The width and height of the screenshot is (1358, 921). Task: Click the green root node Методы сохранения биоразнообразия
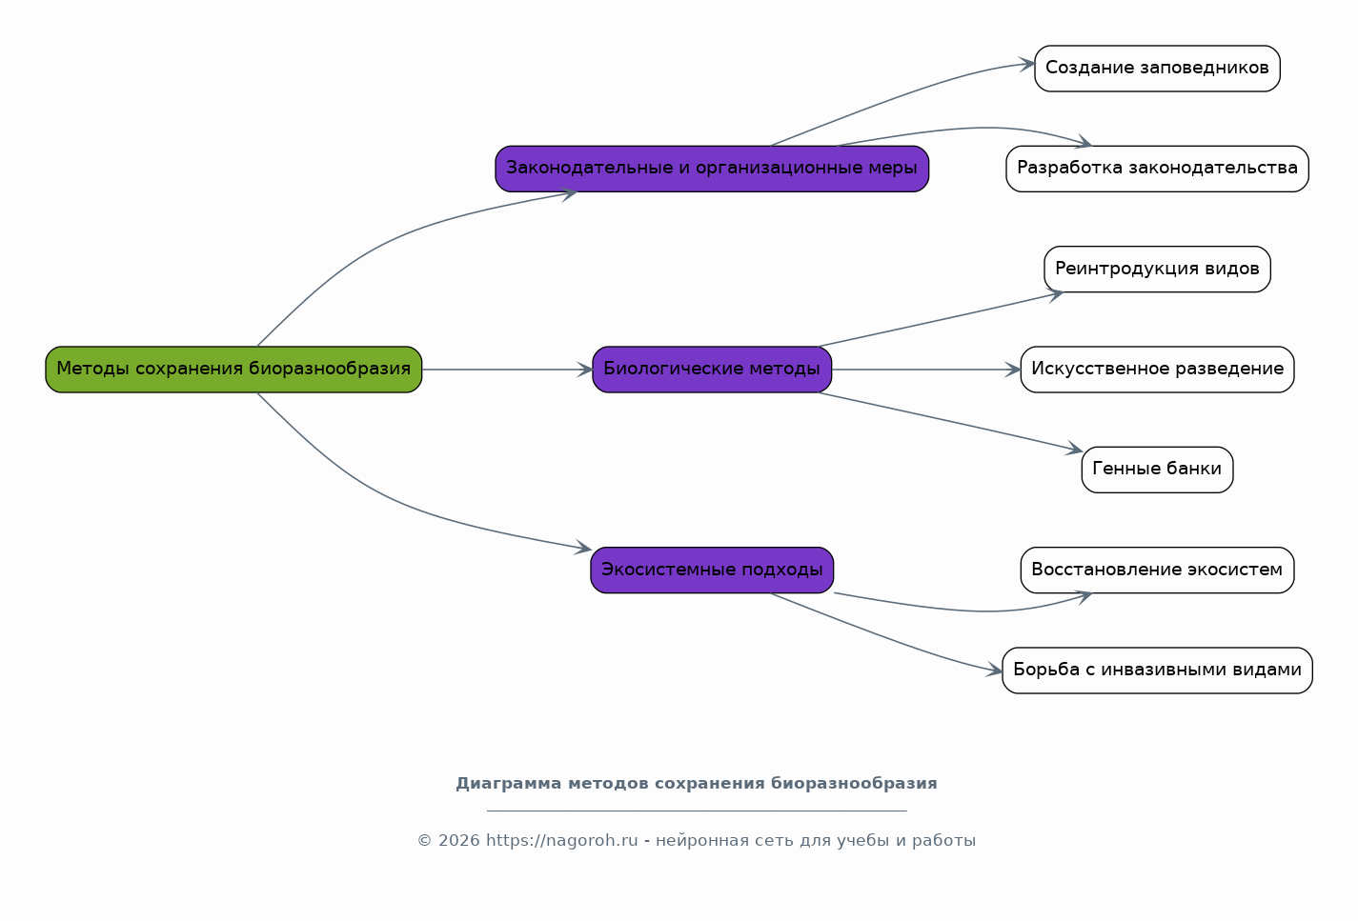point(233,370)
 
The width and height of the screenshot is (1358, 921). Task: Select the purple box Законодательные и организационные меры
point(712,169)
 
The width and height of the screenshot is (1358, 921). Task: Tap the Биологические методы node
point(712,370)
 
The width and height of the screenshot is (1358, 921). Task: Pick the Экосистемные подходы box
point(712,571)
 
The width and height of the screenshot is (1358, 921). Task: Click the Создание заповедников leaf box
point(1157,69)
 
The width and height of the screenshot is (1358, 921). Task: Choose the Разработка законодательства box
point(1157,169)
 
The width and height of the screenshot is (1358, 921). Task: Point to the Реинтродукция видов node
point(1157,269)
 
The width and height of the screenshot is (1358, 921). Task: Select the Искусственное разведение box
point(1157,370)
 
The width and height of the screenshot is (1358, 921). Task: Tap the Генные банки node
point(1157,470)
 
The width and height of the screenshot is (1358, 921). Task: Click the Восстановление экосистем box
point(1157,571)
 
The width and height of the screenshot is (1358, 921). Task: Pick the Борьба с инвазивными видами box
point(1157,671)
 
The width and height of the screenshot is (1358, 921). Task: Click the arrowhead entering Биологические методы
point(585,370)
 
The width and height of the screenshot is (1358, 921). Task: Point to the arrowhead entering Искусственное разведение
point(1013,370)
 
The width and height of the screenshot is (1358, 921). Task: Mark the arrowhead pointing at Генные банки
point(1075,449)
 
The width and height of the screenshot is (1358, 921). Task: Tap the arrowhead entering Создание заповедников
point(1027,64)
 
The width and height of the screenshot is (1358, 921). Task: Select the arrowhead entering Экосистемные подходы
point(584,548)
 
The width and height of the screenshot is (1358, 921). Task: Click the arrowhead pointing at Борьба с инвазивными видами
point(994,671)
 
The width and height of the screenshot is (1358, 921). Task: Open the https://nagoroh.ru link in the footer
point(562,841)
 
